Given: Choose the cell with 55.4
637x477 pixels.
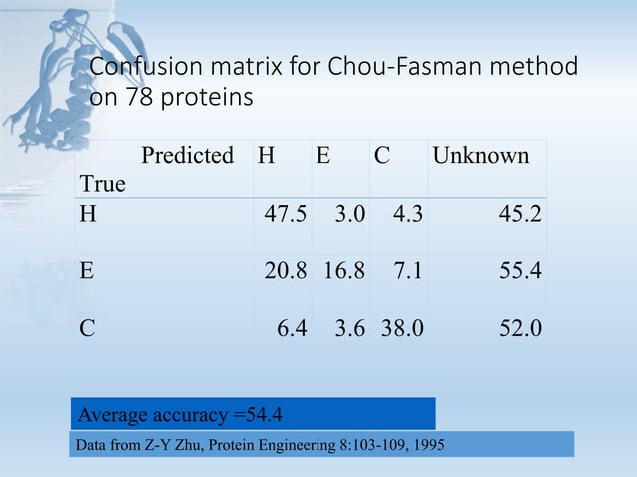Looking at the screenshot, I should [519, 272].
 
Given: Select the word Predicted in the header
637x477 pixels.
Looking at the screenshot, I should [187, 157].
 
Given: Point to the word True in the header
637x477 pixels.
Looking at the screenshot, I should [102, 184].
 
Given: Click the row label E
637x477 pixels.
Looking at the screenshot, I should [87, 272].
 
